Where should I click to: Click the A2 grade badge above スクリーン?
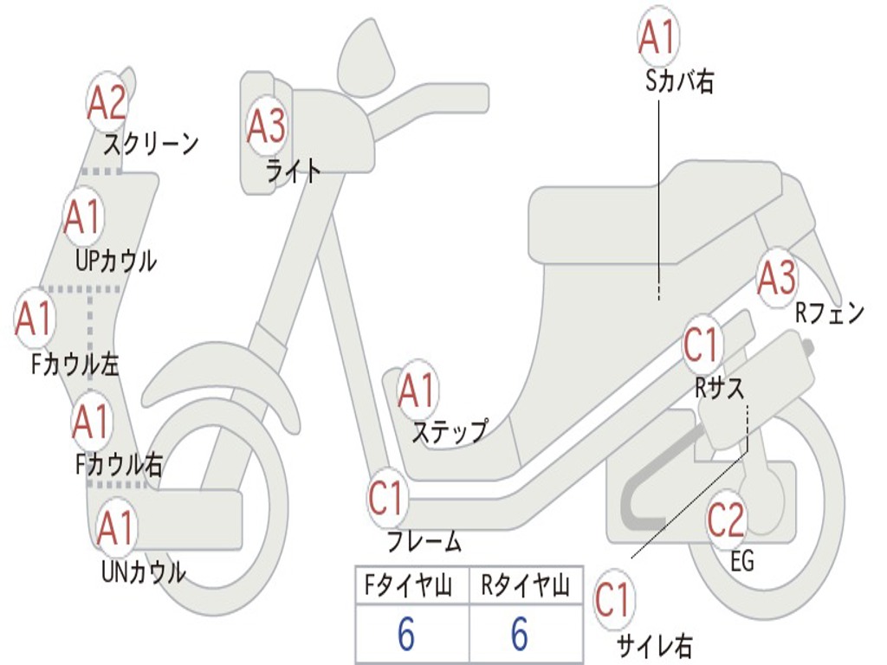click(107, 103)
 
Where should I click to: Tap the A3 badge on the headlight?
click(267, 126)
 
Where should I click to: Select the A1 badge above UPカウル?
click(84, 216)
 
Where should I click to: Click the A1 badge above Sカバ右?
click(658, 37)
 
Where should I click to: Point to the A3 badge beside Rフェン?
click(777, 277)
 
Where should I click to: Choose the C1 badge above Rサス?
click(702, 345)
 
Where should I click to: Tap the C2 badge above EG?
click(726, 520)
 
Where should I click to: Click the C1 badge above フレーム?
click(387, 498)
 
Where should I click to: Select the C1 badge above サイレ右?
click(614, 599)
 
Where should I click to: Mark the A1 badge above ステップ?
click(418, 391)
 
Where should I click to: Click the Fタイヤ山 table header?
click(408, 585)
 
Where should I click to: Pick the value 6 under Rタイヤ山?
click(520, 633)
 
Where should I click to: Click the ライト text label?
click(294, 171)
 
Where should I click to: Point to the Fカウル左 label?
click(74, 365)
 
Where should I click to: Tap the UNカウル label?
click(144, 571)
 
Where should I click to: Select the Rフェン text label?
click(830, 313)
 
